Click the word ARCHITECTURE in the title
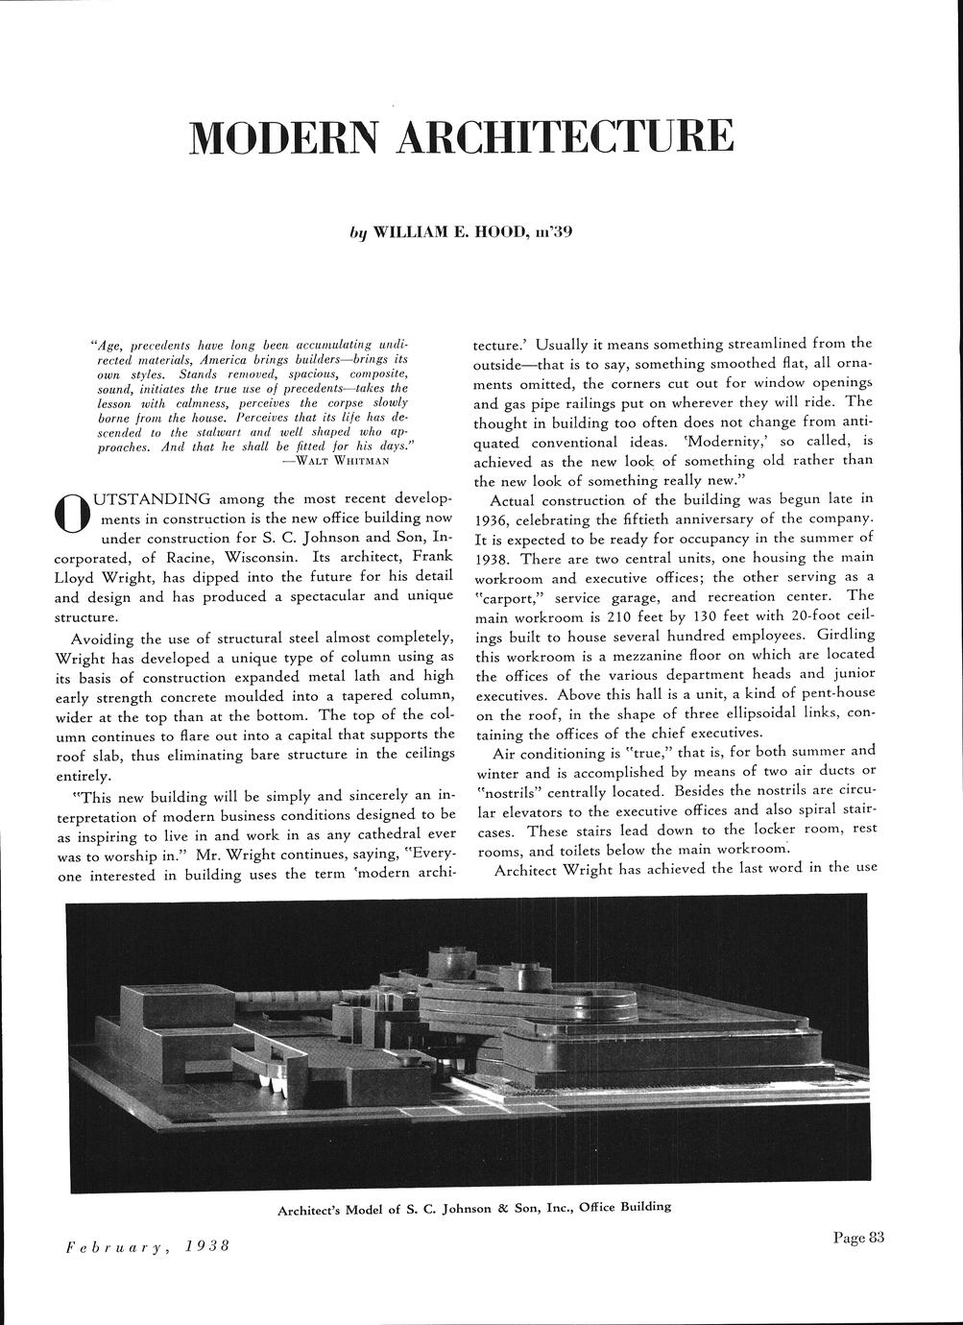click(566, 138)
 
